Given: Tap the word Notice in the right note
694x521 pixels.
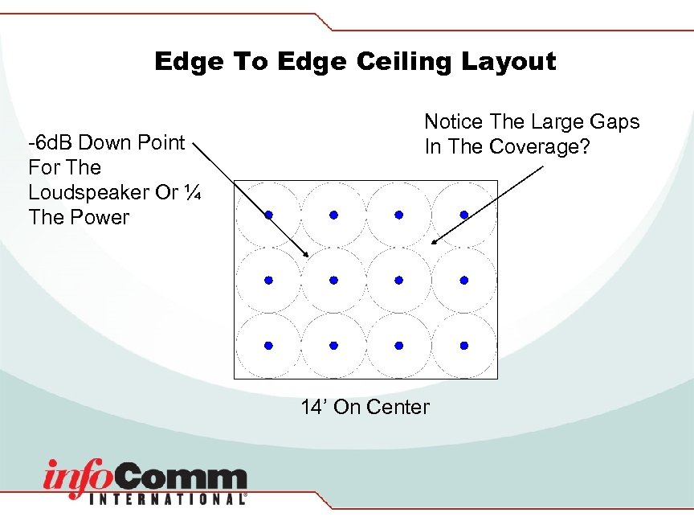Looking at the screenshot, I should pyautogui.click(x=453, y=122).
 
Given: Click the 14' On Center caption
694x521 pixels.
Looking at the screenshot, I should pyautogui.click(x=365, y=407).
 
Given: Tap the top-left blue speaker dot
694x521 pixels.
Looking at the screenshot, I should pyautogui.click(x=268, y=215).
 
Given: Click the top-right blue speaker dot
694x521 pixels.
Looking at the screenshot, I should pyautogui.click(x=463, y=215).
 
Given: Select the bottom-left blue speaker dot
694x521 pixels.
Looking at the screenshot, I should pyautogui.click(x=268, y=345).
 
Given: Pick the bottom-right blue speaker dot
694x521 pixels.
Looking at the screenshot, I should pyautogui.click(x=463, y=345).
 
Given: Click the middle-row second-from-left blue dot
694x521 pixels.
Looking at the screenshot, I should pyautogui.click(x=333, y=280).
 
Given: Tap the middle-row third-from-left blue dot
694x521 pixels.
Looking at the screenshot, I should pyautogui.click(x=398, y=280).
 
